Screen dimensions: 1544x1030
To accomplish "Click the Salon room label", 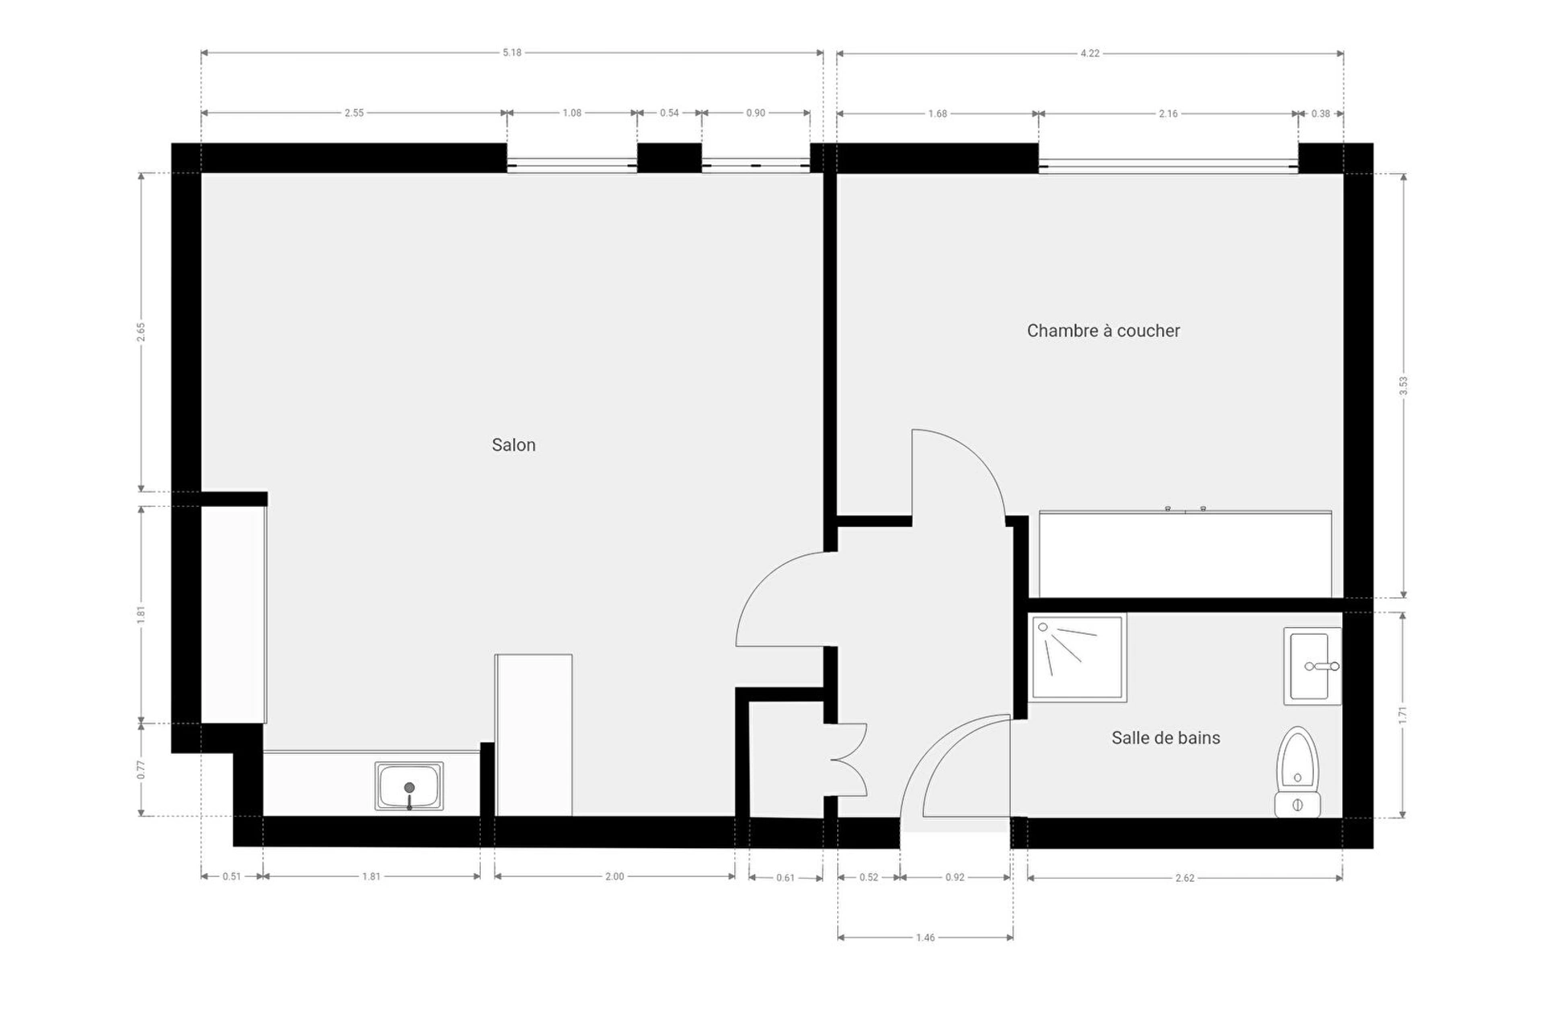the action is coord(513,445).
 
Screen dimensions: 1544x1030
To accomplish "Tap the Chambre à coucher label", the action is coord(1103,331).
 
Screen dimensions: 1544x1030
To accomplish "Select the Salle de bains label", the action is coord(1165,738).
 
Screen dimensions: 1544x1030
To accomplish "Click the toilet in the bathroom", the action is coord(1297,772).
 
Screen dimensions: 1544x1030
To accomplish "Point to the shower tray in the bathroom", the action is coord(1078,657).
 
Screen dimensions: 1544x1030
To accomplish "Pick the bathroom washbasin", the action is coord(1312,666).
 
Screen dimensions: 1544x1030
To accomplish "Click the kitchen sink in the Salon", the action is coord(409,786).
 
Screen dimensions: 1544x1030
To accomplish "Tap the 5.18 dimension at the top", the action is coord(512,53).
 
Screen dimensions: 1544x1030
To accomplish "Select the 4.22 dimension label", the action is coord(1090,54).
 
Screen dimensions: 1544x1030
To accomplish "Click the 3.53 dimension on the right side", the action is coord(1403,385).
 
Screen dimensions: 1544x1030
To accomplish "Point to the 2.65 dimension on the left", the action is coord(141,332).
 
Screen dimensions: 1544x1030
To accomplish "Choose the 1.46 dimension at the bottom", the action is coord(926,937).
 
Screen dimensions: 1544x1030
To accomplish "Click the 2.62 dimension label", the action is coord(1185,878).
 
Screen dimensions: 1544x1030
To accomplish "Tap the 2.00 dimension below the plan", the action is coord(614,876).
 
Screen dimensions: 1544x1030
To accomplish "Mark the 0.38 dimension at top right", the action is coord(1320,113).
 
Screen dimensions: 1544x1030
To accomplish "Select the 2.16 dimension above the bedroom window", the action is coord(1168,113).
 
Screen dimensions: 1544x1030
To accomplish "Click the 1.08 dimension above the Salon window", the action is coord(572,113).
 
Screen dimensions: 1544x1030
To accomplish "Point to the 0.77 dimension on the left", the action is coord(141,770).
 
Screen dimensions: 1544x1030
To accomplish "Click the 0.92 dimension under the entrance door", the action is coord(955,877).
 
